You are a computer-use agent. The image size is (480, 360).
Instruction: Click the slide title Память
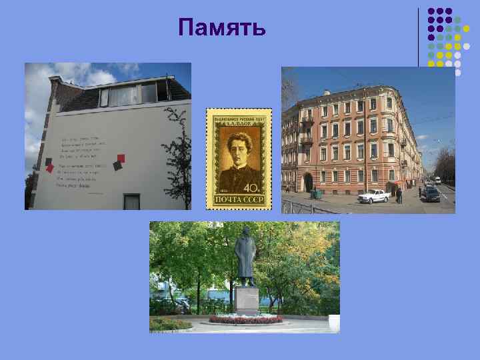(x=223, y=28)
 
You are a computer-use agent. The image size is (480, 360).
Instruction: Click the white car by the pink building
(x=374, y=195)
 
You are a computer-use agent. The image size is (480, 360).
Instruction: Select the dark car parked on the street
(x=431, y=195)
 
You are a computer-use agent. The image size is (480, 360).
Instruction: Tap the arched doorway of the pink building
(x=308, y=182)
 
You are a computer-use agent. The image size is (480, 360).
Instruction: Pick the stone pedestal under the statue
(x=247, y=300)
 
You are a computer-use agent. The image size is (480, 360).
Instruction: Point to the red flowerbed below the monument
(x=245, y=319)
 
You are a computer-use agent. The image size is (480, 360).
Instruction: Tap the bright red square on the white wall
(x=121, y=159)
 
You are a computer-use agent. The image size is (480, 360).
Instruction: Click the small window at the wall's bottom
(x=132, y=201)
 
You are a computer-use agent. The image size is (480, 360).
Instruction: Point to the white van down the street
(x=438, y=180)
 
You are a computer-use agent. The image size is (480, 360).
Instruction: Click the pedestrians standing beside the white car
(x=398, y=195)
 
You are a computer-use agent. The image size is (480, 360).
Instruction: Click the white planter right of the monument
(x=333, y=323)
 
